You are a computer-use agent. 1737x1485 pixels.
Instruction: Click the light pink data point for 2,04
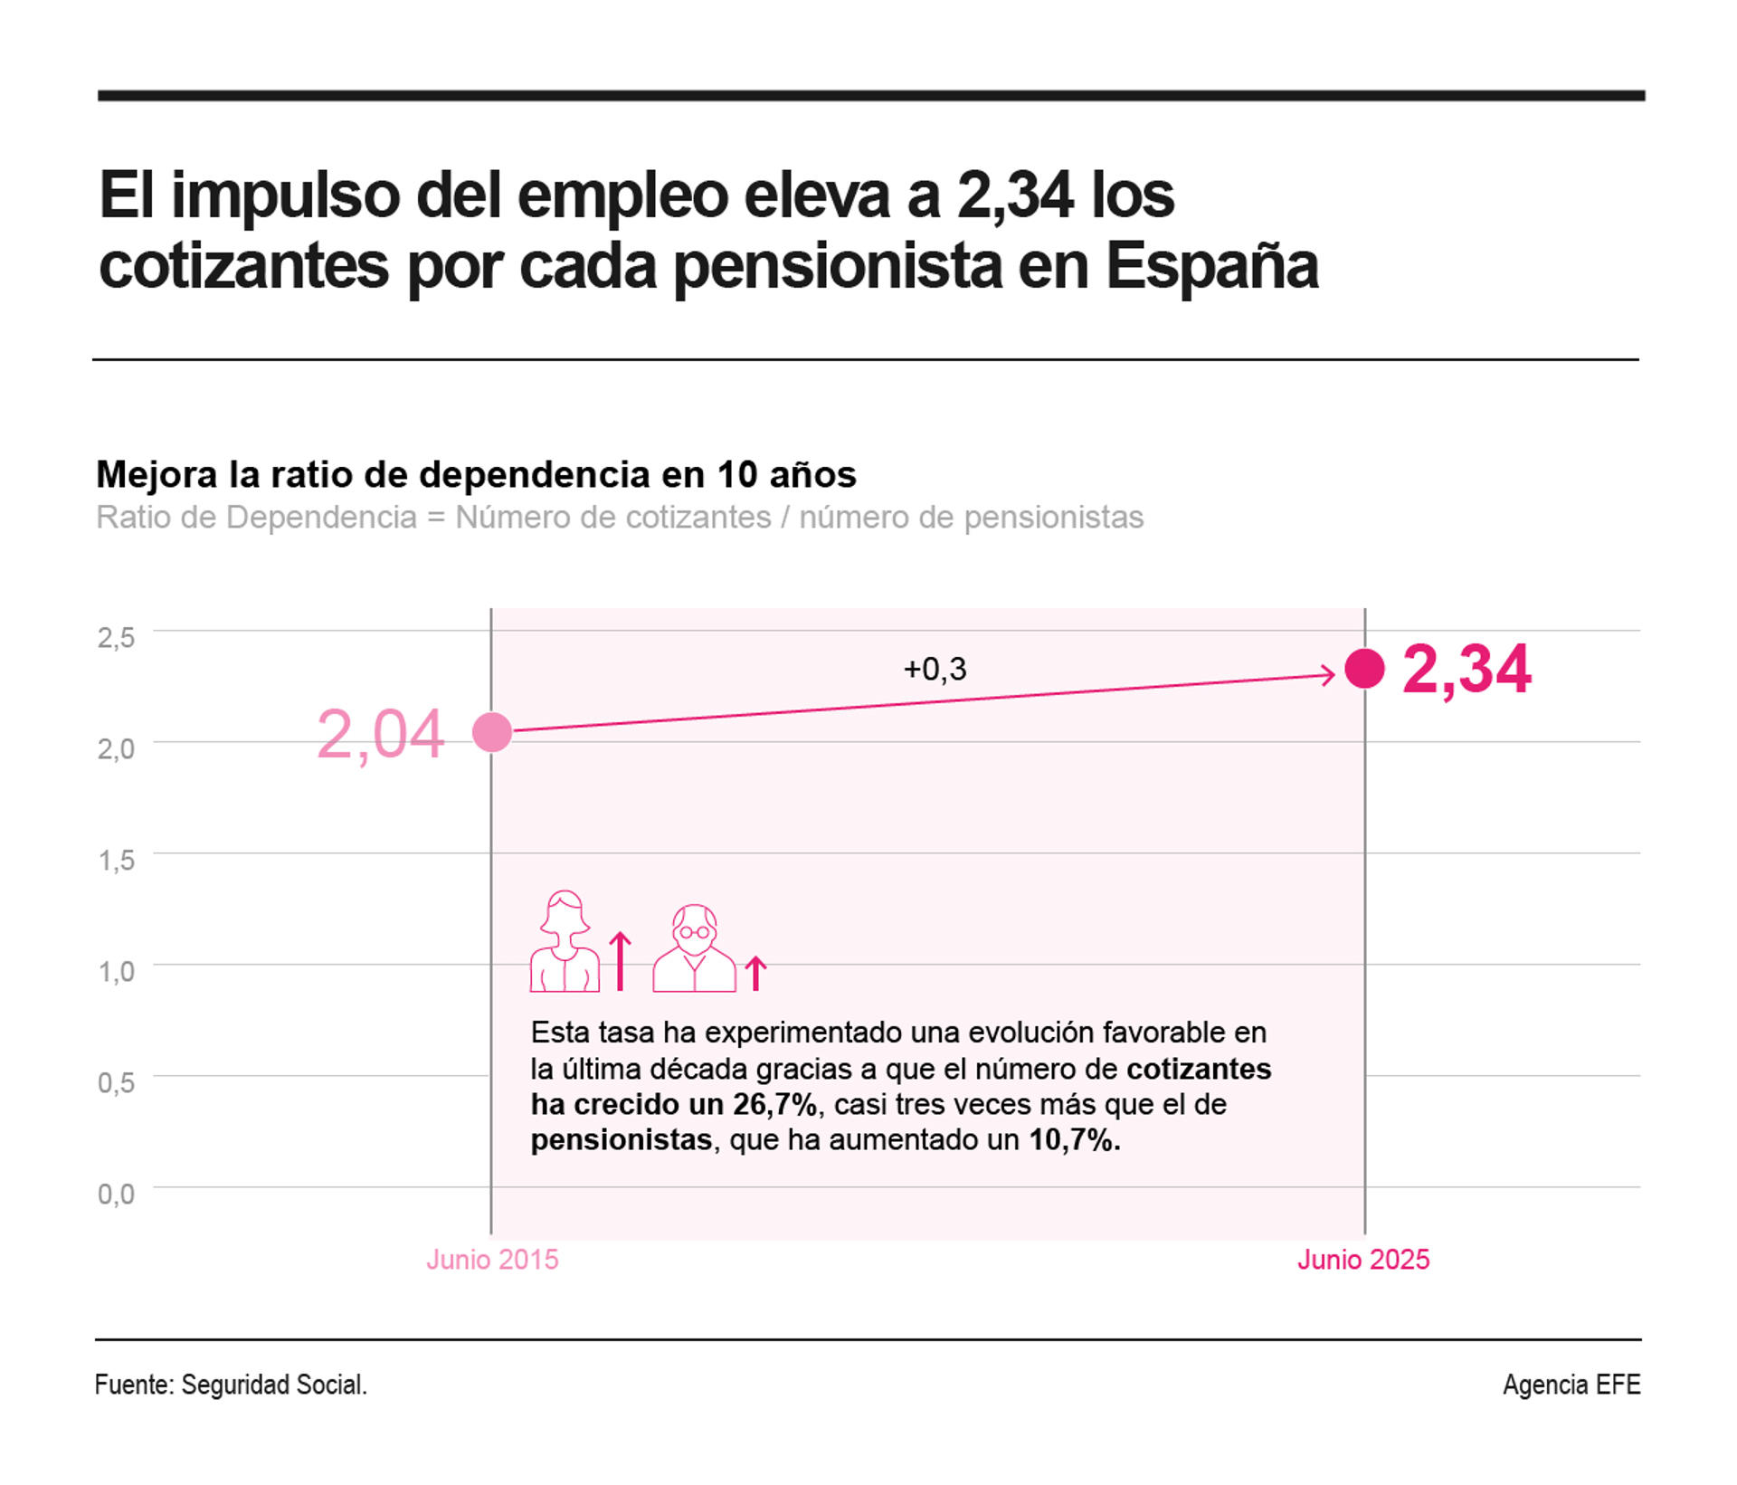tap(492, 732)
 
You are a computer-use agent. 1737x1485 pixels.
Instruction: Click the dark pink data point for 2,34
tap(1364, 669)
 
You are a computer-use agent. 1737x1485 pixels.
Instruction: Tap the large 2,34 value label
tap(1466, 670)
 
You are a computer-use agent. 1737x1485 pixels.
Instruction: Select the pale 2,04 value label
tap(380, 734)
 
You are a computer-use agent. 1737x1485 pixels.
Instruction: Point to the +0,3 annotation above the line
tap(935, 669)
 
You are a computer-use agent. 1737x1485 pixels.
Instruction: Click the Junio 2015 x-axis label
tap(492, 1260)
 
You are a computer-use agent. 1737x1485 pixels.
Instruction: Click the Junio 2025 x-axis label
tap(1363, 1260)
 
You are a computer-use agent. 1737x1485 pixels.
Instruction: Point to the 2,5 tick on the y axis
tap(116, 638)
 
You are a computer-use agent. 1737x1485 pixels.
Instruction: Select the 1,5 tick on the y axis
tap(116, 860)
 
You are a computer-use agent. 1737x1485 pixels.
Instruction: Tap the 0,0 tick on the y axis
tap(116, 1194)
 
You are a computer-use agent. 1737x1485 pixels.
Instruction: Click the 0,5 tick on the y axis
tap(116, 1082)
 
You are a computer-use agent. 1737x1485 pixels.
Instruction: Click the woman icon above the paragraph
tap(565, 942)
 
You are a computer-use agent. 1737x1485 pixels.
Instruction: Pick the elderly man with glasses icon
tap(694, 948)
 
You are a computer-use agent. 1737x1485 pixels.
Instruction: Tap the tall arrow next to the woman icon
tap(621, 961)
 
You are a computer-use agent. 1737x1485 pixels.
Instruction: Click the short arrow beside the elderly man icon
tap(755, 974)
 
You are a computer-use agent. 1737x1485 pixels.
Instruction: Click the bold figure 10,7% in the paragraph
tap(1074, 1140)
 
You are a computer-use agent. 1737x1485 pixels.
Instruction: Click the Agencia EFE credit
tap(1571, 1385)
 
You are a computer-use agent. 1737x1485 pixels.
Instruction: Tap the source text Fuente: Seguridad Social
tap(231, 1385)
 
